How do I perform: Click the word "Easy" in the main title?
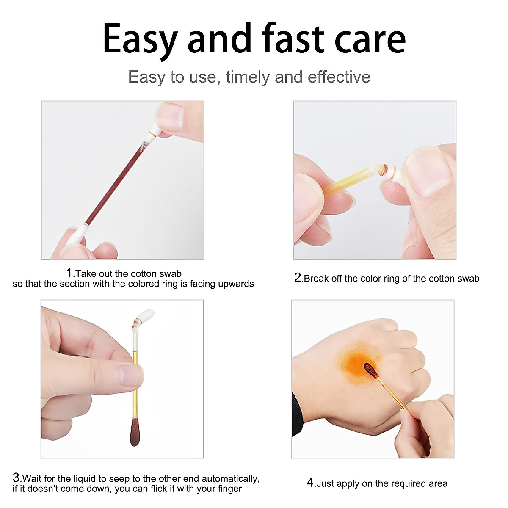point(140,39)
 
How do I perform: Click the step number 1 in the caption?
point(69,273)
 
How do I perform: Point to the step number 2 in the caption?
point(298,278)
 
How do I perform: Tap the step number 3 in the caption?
point(16,478)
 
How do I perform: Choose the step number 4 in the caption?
point(310,483)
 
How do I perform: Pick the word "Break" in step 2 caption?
point(316,278)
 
